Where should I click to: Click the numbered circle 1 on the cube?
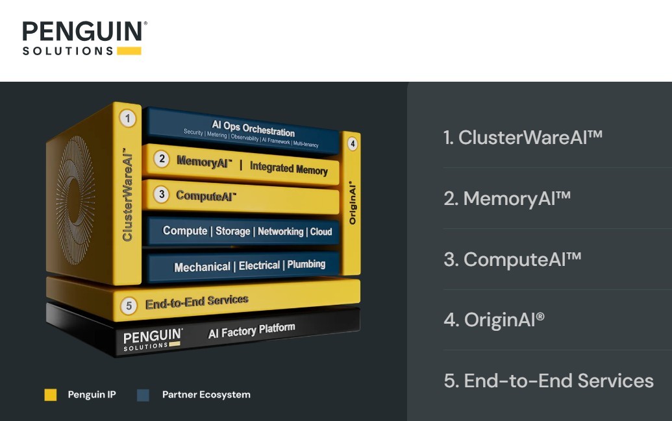tap(127, 118)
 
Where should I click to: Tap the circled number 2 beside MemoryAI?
tap(162, 159)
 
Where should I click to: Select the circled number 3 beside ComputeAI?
tap(162, 195)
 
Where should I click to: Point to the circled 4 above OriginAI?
tap(353, 143)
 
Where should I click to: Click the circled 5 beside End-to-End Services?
tap(129, 306)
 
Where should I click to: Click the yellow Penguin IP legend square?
tap(51, 395)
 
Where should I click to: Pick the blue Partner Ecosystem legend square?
tap(143, 395)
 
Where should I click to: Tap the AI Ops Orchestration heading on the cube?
tap(253, 128)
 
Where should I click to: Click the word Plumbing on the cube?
tap(306, 264)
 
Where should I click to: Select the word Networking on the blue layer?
tap(280, 232)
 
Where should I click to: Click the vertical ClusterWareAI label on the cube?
tap(127, 194)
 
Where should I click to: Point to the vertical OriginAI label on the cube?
tap(353, 202)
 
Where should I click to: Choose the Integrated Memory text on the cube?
tap(288, 168)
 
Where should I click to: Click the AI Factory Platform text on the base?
tap(251, 330)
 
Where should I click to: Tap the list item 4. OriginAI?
tap(494, 320)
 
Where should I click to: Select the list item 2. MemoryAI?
tap(508, 198)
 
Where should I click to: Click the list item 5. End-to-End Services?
tap(549, 381)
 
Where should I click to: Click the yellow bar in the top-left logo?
tap(129, 51)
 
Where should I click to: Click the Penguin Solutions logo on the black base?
tap(153, 340)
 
